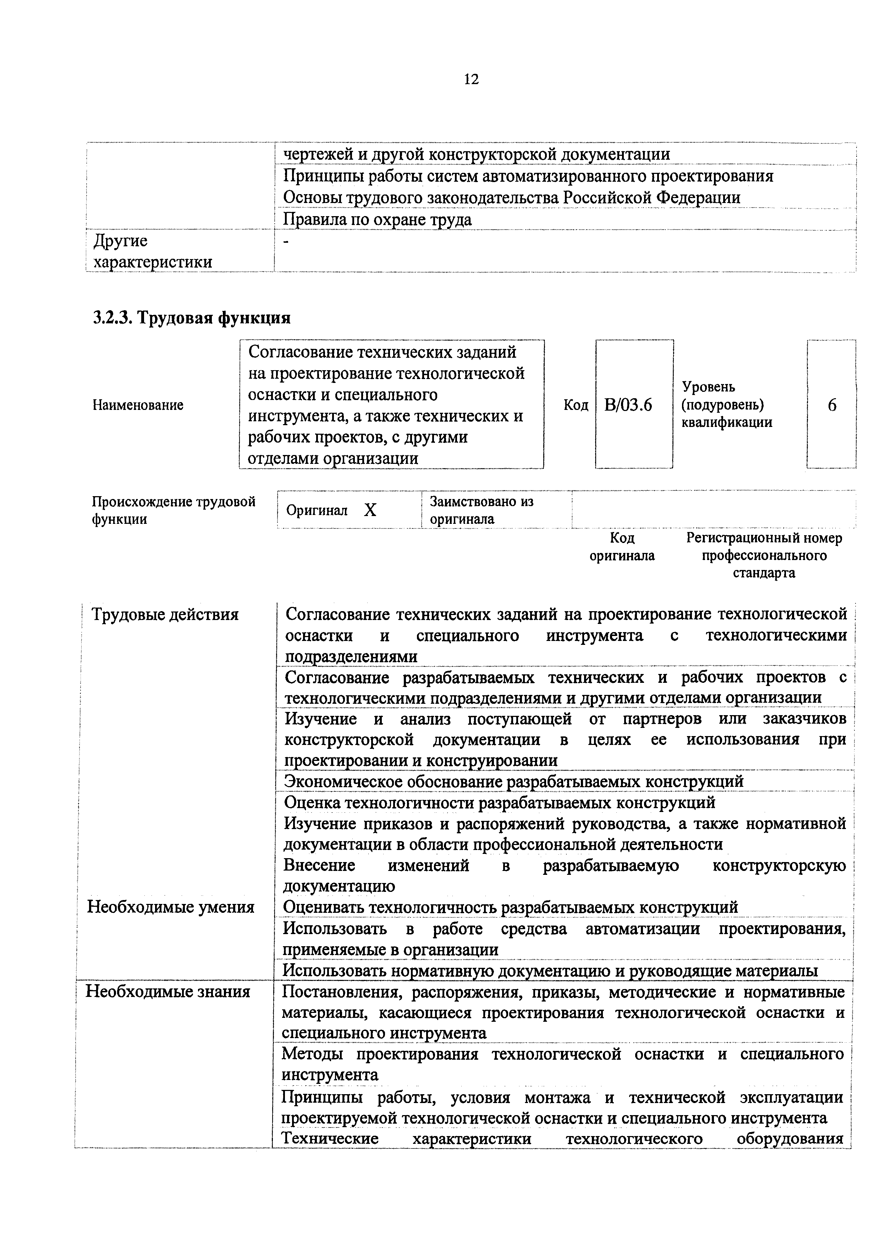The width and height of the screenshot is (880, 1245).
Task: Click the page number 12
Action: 471,80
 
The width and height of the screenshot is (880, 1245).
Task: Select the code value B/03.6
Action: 628,405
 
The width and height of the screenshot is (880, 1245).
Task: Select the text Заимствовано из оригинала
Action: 482,510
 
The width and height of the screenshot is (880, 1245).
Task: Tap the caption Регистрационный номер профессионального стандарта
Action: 764,555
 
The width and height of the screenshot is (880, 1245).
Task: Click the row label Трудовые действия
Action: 165,614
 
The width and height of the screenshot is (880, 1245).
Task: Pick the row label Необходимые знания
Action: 168,992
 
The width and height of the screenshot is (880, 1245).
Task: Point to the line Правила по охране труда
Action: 378,220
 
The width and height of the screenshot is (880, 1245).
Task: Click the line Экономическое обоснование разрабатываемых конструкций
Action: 513,781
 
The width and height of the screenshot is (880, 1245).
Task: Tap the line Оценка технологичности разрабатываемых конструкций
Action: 499,802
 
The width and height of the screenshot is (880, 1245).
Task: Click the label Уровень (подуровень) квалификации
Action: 727,405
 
